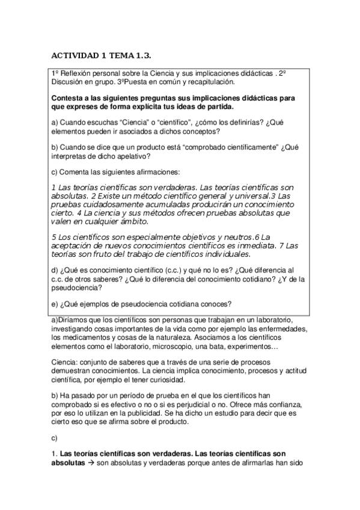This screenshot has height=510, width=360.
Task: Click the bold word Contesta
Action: (68, 97)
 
